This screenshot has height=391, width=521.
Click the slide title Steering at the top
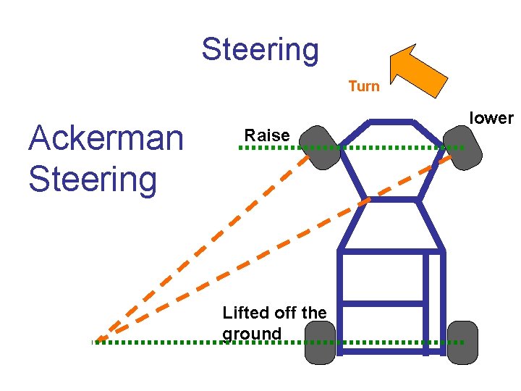point(260,49)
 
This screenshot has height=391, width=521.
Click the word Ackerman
point(106,138)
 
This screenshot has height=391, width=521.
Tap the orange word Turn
point(363,86)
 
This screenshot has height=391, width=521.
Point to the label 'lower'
point(491,118)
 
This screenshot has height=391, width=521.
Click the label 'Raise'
point(267,135)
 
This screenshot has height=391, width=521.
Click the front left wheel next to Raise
point(319,148)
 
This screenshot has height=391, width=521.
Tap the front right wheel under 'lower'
point(463,147)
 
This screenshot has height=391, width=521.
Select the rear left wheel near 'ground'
point(320,342)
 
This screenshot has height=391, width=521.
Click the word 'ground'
point(252,334)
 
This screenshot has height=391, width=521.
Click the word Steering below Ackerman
point(92,179)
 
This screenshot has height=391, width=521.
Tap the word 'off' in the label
point(287,313)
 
